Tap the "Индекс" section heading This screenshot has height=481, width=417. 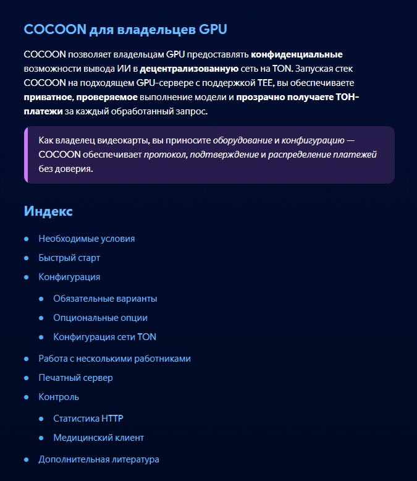pos(48,211)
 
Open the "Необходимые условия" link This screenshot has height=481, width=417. pos(86,239)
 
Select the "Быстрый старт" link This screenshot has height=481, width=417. pos(69,258)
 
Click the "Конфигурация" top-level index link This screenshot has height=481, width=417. pos(69,277)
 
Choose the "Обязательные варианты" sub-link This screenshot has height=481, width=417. pos(105,299)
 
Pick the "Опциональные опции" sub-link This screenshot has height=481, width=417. pos(100,318)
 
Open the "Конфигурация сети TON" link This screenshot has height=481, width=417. pos(104,337)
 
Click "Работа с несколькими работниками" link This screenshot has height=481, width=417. pos(114,359)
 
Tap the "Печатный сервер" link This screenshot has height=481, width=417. pos(75,378)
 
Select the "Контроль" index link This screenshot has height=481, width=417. pos(59,397)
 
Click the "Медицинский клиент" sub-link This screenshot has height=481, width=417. pos(98,438)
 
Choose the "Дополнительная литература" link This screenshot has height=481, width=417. pos(99,459)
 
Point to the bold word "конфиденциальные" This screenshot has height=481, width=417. pos(297,54)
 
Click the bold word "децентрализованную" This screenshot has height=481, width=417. pos(189,69)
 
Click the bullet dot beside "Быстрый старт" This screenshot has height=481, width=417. pos(27,258)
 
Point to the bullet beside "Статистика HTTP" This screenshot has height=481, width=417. pos(41,419)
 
